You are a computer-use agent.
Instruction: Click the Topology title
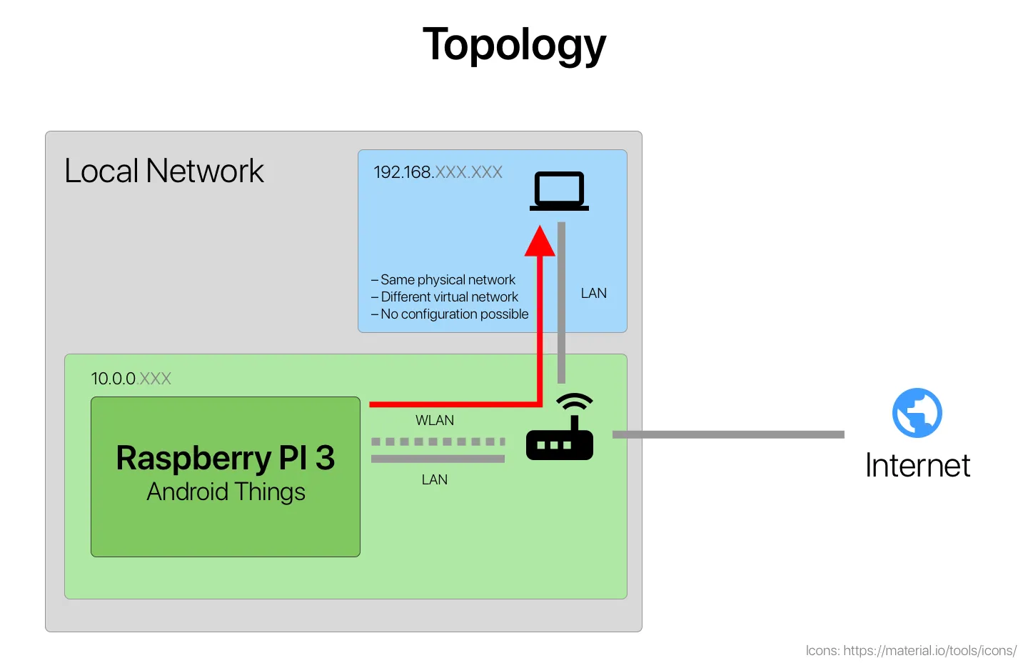tap(514, 45)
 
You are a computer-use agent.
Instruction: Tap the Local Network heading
tap(163, 171)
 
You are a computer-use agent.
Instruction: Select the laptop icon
tap(559, 191)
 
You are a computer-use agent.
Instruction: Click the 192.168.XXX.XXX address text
tap(438, 172)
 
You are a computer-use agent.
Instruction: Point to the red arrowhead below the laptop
tap(540, 242)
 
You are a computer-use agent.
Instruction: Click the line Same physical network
tap(448, 280)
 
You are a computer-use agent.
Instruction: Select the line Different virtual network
tap(449, 297)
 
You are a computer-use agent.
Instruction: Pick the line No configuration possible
tap(454, 314)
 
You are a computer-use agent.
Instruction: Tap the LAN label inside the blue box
tap(593, 294)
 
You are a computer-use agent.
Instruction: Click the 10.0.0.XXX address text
tap(131, 379)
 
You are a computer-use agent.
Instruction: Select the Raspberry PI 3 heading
tap(225, 458)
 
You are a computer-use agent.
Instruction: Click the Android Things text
tap(226, 492)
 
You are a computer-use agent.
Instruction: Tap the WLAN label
tap(434, 421)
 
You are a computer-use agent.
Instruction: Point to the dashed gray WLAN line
tap(438, 442)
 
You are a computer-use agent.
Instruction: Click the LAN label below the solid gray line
tap(434, 480)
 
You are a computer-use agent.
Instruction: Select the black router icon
tap(560, 436)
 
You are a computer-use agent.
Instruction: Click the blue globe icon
tap(917, 413)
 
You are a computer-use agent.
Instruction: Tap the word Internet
tap(917, 466)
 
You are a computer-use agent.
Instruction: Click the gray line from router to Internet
tap(728, 434)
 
